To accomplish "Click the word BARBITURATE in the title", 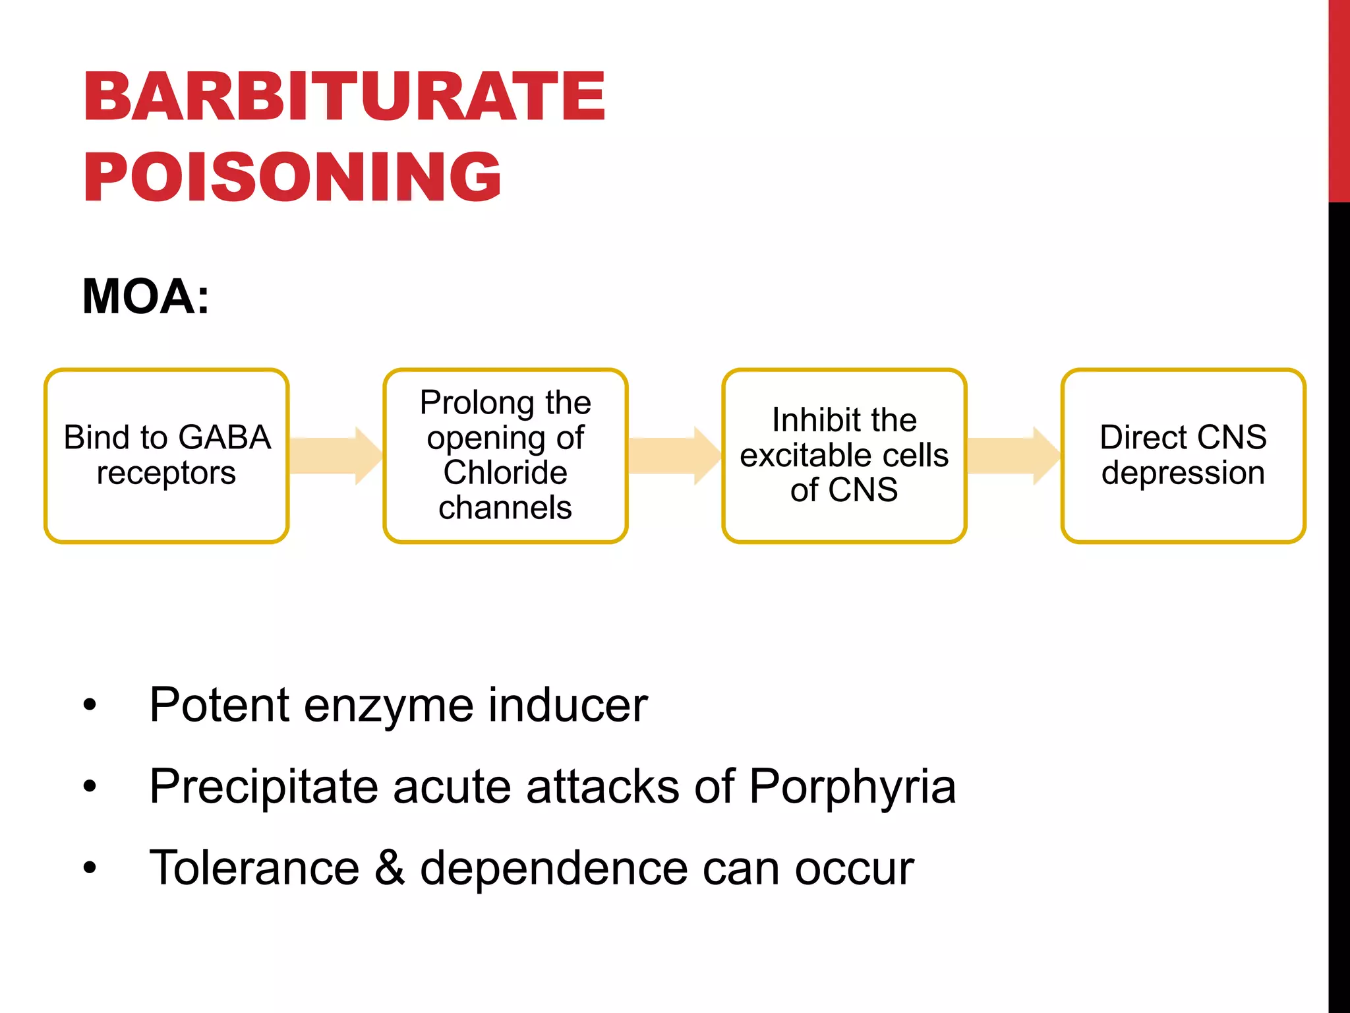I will pyautogui.click(x=343, y=97).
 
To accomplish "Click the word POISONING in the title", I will pyautogui.click(x=292, y=177).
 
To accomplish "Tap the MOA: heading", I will pyautogui.click(x=146, y=297).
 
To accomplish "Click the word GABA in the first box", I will pyautogui.click(x=224, y=437).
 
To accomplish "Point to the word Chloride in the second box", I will pyautogui.click(x=505, y=473).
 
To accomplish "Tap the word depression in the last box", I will pyautogui.click(x=1183, y=473).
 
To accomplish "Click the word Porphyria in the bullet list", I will pyautogui.click(x=852, y=786).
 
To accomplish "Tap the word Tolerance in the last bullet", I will pyautogui.click(x=254, y=867).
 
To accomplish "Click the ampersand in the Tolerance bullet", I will pyautogui.click(x=390, y=867).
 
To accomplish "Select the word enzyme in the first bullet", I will pyautogui.click(x=388, y=706).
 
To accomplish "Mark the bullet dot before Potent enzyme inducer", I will pyautogui.click(x=90, y=705).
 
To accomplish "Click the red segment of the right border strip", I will pyautogui.click(x=1339, y=99).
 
